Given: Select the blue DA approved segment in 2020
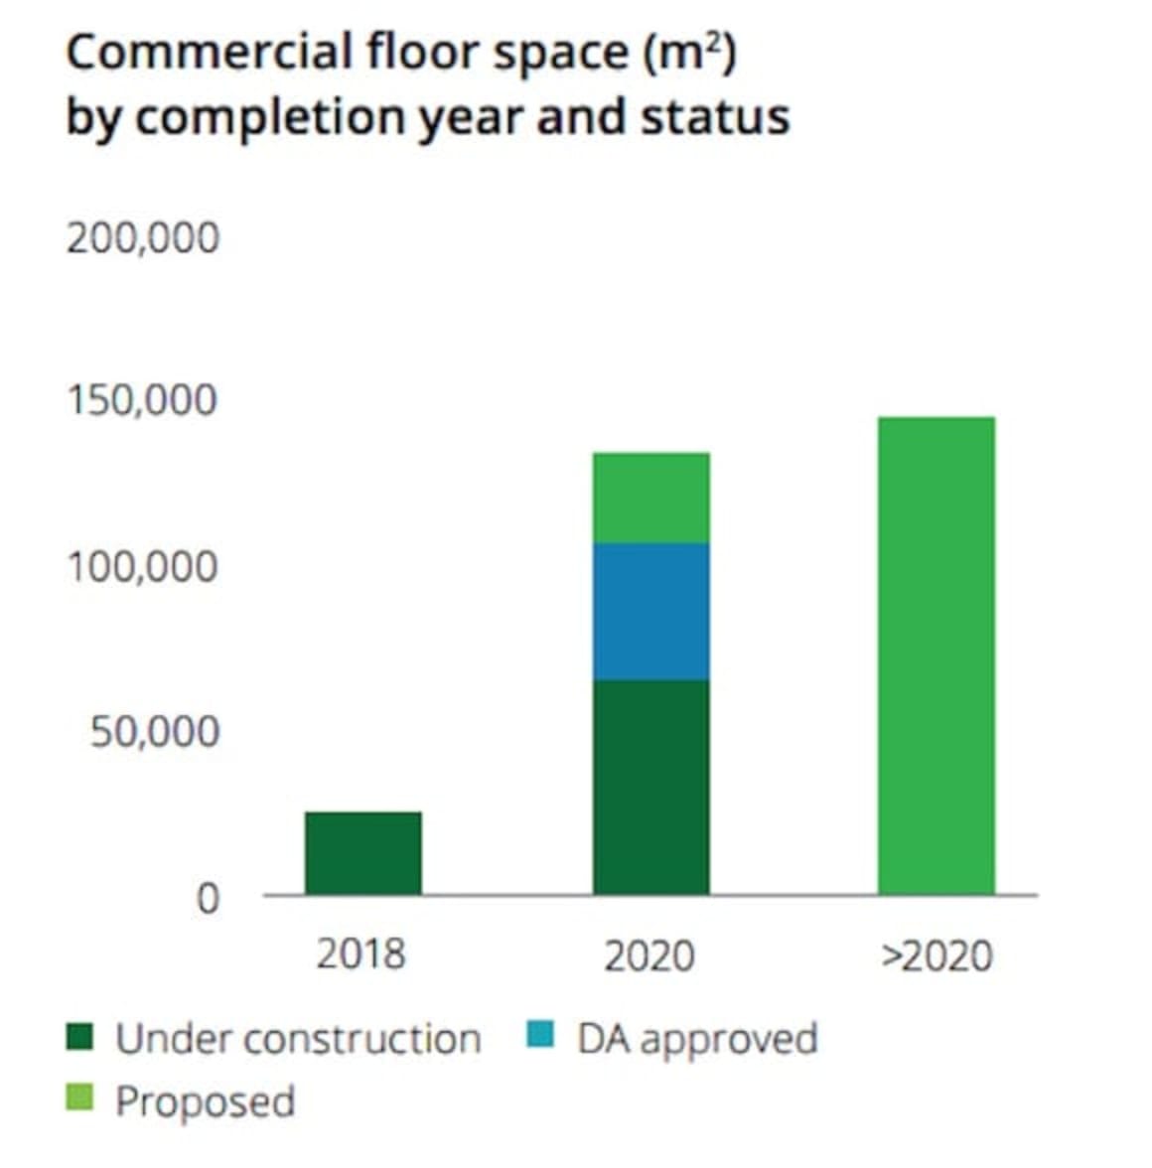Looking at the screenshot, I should (650, 611).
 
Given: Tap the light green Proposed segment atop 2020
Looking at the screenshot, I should (650, 498).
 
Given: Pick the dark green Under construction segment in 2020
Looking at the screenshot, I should (650, 787).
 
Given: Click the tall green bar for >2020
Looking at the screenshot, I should (936, 656).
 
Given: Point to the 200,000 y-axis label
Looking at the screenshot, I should (142, 238).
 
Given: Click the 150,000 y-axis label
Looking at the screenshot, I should (142, 400).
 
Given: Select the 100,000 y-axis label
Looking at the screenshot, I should (142, 566).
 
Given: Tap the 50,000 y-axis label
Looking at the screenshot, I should (154, 732).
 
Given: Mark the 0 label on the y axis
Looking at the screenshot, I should (207, 898).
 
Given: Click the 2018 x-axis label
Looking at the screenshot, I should (361, 953).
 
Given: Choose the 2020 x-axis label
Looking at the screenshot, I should (649, 955).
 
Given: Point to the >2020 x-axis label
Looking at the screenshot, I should (936, 955).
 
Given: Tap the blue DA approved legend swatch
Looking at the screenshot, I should (539, 1037).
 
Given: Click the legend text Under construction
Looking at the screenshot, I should (298, 1039).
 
